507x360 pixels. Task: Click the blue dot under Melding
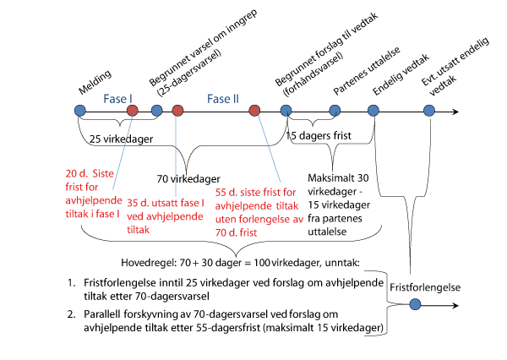[79, 110]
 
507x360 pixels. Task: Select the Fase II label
[224, 99]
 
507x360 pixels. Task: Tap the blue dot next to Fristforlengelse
[414, 304]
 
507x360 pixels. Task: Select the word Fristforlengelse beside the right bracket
[425, 286]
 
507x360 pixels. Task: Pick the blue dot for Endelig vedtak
[374, 110]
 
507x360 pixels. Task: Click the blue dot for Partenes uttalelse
[335, 110]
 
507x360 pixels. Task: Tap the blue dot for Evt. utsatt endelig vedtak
[429, 110]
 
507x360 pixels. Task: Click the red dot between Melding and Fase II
[132, 110]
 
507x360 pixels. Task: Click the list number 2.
[71, 314]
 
